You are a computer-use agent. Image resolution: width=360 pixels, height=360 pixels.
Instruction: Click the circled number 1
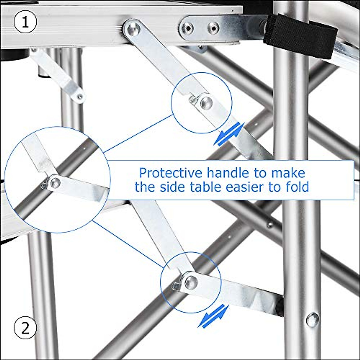(x=25, y=22)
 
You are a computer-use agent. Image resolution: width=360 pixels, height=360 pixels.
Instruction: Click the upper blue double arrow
(x=229, y=134)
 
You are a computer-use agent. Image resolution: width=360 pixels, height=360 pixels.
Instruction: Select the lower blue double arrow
(x=213, y=316)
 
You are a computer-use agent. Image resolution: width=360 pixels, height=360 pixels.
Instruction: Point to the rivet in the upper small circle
(x=206, y=103)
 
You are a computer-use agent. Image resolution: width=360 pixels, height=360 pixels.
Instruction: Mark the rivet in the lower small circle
(x=191, y=281)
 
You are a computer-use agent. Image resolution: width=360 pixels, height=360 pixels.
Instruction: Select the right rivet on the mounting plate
(x=213, y=27)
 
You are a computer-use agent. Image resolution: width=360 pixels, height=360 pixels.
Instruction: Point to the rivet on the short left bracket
(x=80, y=97)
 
